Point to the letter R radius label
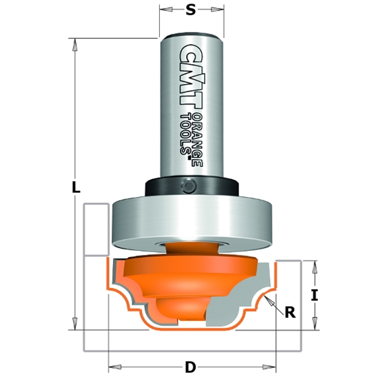pos(289,312)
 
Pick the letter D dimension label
pos(190,367)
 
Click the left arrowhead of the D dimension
pos(112,367)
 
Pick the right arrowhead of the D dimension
pos(273,367)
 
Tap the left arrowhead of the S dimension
pos(163,11)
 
